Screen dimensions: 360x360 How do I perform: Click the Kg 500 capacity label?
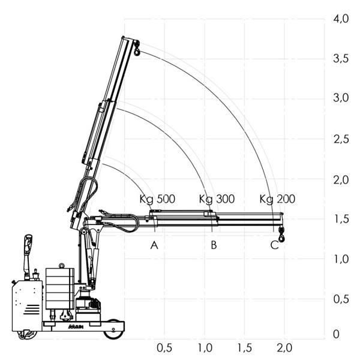pyautogui.click(x=157, y=199)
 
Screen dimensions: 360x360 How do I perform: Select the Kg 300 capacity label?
pyautogui.click(x=217, y=199)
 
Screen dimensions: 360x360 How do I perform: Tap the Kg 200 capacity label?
pyautogui.click(x=277, y=199)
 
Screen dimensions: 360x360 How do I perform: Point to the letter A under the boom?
pyautogui.click(x=154, y=245)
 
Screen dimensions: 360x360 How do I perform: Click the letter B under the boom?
pyautogui.click(x=214, y=245)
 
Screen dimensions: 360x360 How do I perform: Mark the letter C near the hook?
pyautogui.click(x=274, y=245)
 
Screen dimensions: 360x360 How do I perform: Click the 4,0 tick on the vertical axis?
pyautogui.click(x=341, y=19)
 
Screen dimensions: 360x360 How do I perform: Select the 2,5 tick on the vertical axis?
pyautogui.click(x=341, y=139)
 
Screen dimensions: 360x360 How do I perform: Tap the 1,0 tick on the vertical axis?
pyautogui.click(x=341, y=259)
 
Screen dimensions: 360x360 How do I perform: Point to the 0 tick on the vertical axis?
pyautogui.click(x=336, y=334)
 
